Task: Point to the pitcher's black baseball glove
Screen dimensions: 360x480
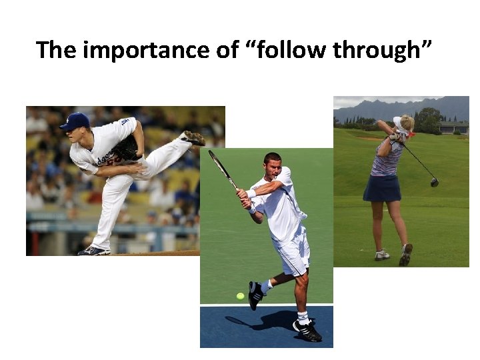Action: pos(126,149)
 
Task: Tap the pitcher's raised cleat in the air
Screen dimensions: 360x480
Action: pos(193,138)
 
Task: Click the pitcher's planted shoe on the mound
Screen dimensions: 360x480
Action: pos(93,251)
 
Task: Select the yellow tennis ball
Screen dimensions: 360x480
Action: pos(240,295)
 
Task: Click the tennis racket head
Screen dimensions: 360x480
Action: pos(217,163)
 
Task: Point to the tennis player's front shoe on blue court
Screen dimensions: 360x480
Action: pos(307,329)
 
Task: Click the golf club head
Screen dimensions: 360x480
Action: pos(435,182)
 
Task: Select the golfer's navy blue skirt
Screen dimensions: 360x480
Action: pos(382,187)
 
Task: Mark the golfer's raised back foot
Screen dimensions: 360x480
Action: pos(405,254)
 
